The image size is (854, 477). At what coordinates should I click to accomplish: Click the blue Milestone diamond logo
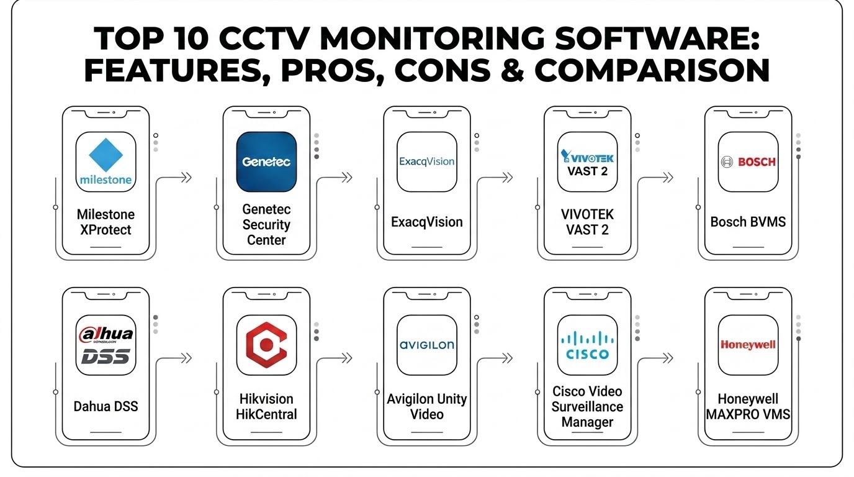point(106,155)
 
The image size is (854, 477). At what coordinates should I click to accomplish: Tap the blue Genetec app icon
point(266,162)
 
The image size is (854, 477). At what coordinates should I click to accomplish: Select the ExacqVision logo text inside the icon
point(426,161)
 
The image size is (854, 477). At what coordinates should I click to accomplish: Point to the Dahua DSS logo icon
point(106,345)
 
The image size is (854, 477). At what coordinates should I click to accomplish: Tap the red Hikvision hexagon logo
point(266,345)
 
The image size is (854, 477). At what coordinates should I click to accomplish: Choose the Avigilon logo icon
point(427,345)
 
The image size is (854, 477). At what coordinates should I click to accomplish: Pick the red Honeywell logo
point(748,345)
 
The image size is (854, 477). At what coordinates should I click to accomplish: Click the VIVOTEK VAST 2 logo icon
point(588,162)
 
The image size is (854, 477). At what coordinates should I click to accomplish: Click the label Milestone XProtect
point(106,222)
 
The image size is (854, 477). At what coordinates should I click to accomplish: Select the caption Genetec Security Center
point(266,224)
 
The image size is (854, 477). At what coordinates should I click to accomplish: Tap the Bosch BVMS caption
point(748,222)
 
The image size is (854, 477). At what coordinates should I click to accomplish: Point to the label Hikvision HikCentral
point(266,406)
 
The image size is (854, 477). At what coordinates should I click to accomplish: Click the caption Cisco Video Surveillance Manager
point(588,406)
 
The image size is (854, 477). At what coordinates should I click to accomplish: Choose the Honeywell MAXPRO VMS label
point(748,406)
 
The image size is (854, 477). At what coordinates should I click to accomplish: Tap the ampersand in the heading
point(513,70)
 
